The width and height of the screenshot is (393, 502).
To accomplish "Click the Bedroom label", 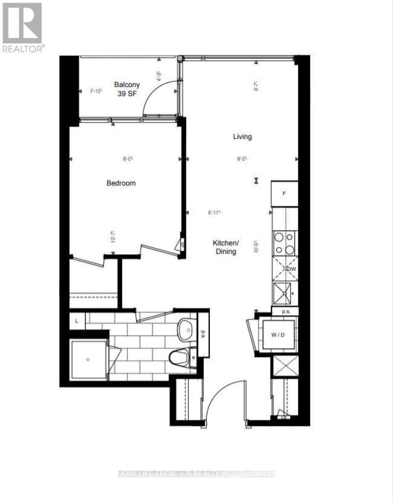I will coord(121,183).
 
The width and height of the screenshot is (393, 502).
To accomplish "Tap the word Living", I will coord(242,137).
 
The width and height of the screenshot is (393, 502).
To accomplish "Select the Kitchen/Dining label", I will coord(225,247).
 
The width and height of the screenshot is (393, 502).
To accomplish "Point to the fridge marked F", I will coord(284,194).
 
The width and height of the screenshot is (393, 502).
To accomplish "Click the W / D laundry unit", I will coord(277,335).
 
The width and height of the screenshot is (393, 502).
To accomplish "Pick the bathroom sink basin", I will coord(186,331).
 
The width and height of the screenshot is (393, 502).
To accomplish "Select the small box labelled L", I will coord(77,321).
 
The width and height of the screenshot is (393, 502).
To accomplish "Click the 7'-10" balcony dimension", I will coord(96,91).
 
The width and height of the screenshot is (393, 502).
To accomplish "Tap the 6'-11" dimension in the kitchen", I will coord(214,213).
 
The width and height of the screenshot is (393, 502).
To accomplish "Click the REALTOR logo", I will coord(23,27).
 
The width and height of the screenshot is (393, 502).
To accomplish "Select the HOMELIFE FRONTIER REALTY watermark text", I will coord(196,474).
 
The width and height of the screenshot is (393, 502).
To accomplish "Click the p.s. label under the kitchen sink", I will coord(284,311).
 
